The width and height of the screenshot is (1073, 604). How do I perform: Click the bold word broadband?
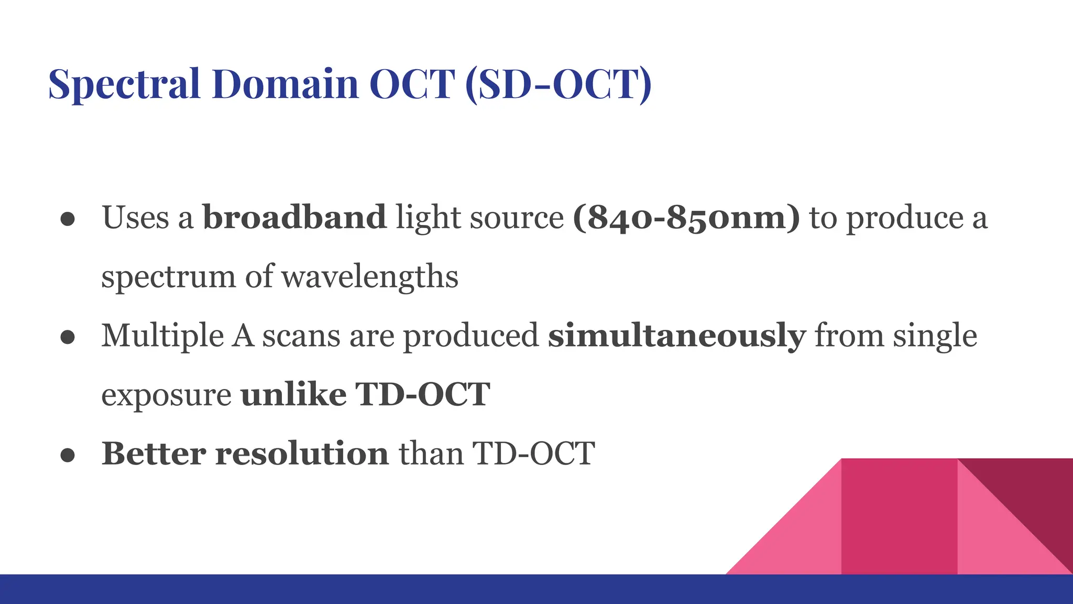[294, 218]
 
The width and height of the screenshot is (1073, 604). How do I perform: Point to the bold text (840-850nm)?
[686, 218]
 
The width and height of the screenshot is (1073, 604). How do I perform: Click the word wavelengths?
[370, 277]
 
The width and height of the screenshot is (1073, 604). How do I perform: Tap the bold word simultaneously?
[676, 336]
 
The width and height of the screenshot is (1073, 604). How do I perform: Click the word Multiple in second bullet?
[162, 336]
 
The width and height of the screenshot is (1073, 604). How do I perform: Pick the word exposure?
[166, 396]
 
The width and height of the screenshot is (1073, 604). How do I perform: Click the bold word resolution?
[302, 454]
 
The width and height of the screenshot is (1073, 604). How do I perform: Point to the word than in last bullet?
[431, 454]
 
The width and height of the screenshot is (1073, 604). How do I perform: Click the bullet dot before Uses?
[68, 219]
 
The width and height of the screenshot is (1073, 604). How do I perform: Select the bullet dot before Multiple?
[68, 338]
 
